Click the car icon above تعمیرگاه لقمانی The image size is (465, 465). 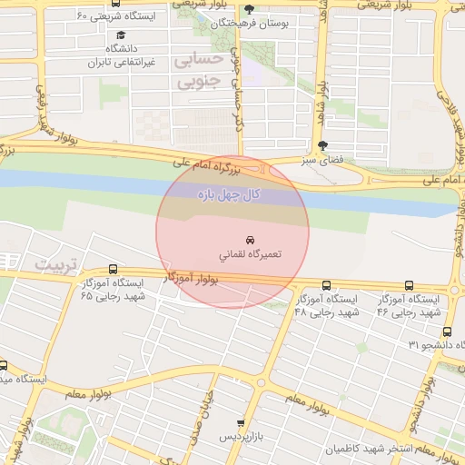point(250,239)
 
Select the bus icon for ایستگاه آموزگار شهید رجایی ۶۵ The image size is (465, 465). point(113,269)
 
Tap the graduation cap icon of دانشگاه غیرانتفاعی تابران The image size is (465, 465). point(121,35)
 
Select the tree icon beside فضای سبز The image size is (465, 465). point(322,145)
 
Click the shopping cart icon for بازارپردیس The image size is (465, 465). point(240,423)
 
